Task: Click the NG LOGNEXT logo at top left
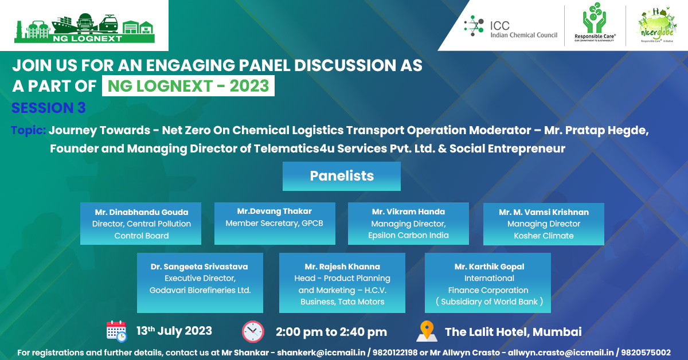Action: [84, 25]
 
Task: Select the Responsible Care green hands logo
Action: [595, 25]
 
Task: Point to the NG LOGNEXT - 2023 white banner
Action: [188, 85]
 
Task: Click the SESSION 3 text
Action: [49, 108]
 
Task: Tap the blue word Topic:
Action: [28, 130]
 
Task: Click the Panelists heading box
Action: [341, 176]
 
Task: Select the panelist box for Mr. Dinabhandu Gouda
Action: [140, 224]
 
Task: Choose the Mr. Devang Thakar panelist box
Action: [274, 223]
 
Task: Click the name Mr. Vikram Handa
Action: [408, 212]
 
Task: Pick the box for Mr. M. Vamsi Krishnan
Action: [544, 224]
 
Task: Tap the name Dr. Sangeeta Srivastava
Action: [200, 267]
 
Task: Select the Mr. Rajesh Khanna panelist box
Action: [342, 283]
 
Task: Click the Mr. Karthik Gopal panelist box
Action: [489, 283]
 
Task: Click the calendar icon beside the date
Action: [116, 331]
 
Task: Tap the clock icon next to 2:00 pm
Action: [253, 331]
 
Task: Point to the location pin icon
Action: [425, 331]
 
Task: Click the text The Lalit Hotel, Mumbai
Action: [513, 332]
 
